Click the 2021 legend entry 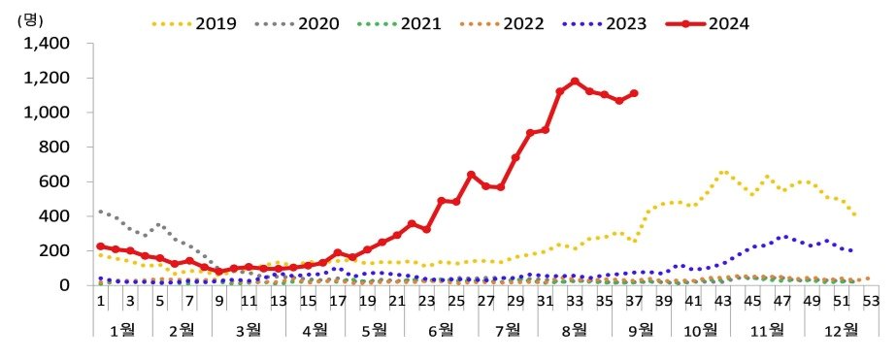pyautogui.click(x=421, y=21)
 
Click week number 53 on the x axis pyautogui.click(x=871, y=302)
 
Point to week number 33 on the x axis pyautogui.click(x=575, y=302)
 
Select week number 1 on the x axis pyautogui.click(x=100, y=302)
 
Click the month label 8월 pyautogui.click(x=575, y=330)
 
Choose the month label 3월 pyautogui.click(x=250, y=330)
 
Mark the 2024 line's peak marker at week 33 pyautogui.click(x=575, y=82)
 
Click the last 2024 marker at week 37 pyautogui.click(x=634, y=93)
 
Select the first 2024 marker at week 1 pyautogui.click(x=100, y=246)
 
